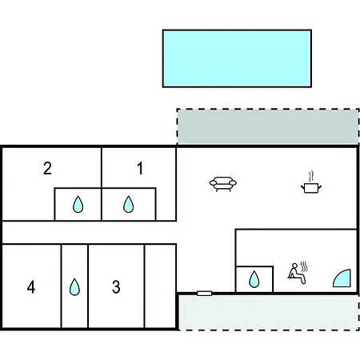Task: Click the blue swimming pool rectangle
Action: [237, 58]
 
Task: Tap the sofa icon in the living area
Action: [223, 184]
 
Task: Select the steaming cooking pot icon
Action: [311, 182]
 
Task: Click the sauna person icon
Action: [297, 274]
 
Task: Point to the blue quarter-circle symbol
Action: [343, 279]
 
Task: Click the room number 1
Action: [140, 168]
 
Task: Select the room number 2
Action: [47, 168]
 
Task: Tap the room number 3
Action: [116, 287]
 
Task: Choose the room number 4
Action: [31, 287]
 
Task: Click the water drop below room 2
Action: [78, 205]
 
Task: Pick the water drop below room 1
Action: [128, 205]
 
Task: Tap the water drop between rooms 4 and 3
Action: [74, 287]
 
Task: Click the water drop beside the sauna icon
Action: [254, 279]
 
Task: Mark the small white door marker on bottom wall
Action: [205, 294]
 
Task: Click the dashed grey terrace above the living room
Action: [268, 126]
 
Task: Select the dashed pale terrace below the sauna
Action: [269, 312]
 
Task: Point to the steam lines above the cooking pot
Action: [311, 176]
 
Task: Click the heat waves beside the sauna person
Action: [304, 266]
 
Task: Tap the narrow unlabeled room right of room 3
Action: [160, 286]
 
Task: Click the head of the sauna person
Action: [294, 266]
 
